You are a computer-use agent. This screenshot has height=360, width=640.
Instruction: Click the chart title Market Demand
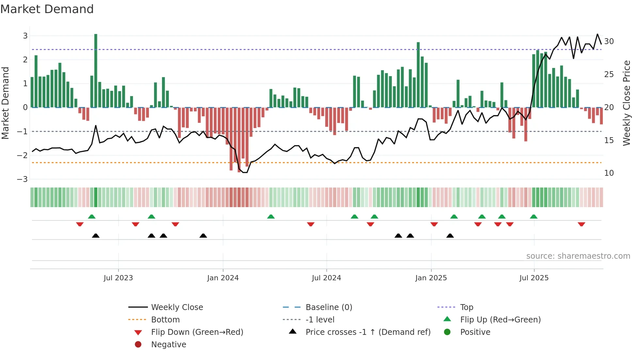tap(47, 9)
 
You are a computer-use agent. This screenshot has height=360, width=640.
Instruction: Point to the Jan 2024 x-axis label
tap(223, 278)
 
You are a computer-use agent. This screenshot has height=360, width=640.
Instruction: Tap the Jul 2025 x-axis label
tap(534, 278)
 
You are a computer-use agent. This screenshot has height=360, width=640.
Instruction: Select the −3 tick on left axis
tap(22, 179)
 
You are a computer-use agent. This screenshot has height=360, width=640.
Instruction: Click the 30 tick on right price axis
tap(609, 41)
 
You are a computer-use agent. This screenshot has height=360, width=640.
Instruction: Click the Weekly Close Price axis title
tap(626, 103)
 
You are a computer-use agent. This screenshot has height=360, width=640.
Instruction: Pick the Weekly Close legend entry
tap(177, 307)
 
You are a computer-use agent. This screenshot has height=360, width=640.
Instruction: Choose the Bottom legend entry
tap(165, 319)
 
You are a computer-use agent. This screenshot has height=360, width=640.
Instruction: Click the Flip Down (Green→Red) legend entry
tap(197, 332)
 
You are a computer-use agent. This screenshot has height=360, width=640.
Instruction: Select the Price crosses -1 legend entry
tap(368, 332)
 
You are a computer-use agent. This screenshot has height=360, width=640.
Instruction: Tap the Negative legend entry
tap(168, 344)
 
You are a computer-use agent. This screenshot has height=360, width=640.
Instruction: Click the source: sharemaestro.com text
tap(578, 256)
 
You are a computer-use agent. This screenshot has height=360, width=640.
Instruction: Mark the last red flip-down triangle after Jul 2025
tap(581, 224)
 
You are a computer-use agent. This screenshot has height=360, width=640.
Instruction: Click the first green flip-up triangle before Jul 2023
tap(92, 217)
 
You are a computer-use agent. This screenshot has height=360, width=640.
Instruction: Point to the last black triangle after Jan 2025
tap(450, 236)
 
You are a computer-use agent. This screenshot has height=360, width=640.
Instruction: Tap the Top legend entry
tap(466, 307)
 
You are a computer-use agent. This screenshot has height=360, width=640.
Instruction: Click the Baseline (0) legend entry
tap(328, 307)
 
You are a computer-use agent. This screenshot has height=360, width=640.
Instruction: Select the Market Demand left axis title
tap(5, 103)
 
